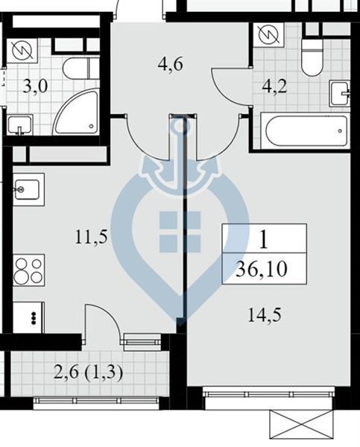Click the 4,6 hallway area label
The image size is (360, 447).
coord(170,65)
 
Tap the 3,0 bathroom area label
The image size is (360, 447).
coord(35,86)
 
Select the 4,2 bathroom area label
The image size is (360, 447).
coord(274,86)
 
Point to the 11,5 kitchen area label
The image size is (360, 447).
coord(91,237)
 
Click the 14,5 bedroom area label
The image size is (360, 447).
coord(265,315)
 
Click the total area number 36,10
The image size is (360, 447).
coord(262,270)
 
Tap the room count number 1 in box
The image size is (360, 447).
coord(264,239)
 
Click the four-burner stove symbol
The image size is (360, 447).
coord(29,270)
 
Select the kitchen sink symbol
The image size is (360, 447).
coord(28,189)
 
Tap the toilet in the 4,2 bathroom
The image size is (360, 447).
coord(312,57)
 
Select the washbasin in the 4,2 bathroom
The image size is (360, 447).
coord(339,93)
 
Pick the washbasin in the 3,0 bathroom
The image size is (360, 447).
coord(20,125)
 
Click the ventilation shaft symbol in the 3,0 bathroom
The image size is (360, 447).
coord(22,51)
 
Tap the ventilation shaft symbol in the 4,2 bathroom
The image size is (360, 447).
coord(268,35)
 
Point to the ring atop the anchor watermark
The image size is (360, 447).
coord(180,125)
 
